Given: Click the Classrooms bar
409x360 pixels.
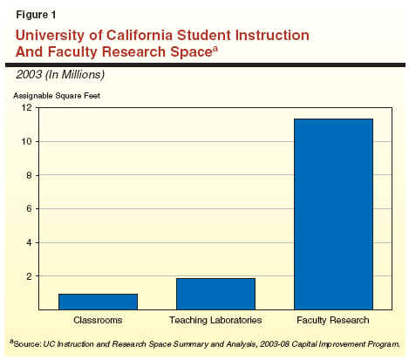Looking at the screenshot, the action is (98, 302).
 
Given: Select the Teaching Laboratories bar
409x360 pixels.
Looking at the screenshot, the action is (215, 294).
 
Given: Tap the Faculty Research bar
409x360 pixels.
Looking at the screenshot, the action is (333, 214).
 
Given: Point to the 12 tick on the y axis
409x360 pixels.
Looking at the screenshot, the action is (27, 107).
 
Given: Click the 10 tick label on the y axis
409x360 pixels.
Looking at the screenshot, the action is (27, 141).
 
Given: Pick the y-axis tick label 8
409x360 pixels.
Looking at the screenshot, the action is (30, 175).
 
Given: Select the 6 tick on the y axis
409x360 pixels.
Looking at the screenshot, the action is (30, 208).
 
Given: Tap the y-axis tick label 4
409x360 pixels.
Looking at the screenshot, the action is (30, 242).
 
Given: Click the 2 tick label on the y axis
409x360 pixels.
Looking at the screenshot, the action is (30, 276).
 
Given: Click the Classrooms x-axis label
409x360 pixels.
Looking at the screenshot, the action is (98, 320).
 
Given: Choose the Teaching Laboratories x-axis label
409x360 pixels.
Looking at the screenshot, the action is (215, 320).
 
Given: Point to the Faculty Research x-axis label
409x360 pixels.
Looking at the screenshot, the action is (333, 320).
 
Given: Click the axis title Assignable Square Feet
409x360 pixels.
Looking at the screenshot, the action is (57, 96).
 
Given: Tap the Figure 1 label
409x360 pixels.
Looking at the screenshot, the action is (36, 15).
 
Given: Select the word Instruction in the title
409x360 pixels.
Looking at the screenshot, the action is (272, 35).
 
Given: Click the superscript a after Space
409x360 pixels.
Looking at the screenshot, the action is (215, 49).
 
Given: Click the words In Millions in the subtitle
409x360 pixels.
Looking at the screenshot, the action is (75, 75).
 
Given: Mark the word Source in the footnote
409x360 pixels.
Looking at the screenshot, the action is (27, 344).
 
